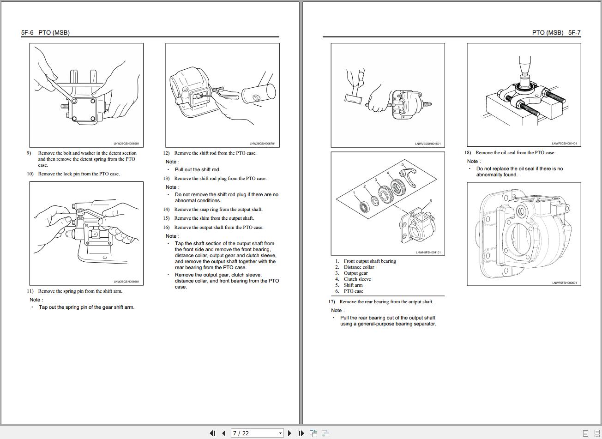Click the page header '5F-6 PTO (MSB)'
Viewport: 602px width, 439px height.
coord(45,33)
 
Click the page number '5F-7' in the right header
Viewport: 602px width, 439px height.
coord(574,33)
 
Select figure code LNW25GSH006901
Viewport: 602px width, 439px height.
coord(126,144)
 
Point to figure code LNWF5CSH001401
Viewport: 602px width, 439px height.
coord(564,144)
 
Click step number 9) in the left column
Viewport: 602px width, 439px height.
coord(29,153)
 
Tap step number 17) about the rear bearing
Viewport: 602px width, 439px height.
coord(331,302)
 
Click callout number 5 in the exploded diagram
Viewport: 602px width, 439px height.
coord(403,165)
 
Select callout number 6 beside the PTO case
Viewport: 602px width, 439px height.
coord(430,201)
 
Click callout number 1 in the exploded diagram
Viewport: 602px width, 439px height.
coord(354,192)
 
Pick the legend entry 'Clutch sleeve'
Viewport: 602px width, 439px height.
coord(357,279)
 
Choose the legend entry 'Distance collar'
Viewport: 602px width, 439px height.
coord(359,267)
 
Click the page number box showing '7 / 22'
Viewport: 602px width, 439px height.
coord(257,433)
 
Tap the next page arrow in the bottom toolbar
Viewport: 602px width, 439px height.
coord(289,433)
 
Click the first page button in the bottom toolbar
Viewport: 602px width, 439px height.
coord(212,433)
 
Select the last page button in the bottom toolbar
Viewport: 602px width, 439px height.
coord(301,433)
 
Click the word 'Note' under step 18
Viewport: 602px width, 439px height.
coord(473,162)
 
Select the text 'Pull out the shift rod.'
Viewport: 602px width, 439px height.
coord(197,170)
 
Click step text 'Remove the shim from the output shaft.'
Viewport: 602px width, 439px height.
coord(214,218)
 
